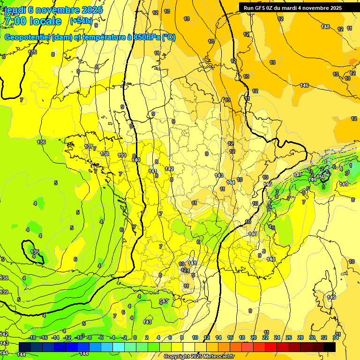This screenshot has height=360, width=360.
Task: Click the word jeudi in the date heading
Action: coord(15,9)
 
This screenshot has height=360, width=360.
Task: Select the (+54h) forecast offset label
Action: coord(81,21)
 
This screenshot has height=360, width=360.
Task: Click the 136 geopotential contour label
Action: coord(41,142)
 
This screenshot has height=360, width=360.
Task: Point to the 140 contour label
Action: coord(136,160)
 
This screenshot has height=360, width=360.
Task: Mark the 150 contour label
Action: coord(321,176)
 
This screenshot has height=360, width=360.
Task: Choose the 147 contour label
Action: coord(298,174)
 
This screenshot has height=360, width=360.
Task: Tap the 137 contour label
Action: coord(88,147)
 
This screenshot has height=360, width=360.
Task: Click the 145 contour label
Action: coord(268,184)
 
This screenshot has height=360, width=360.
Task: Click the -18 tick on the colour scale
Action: coord(32,337)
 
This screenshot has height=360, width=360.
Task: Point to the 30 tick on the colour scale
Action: coord(312,337)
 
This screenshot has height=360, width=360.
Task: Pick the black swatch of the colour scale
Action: coord(330,347)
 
